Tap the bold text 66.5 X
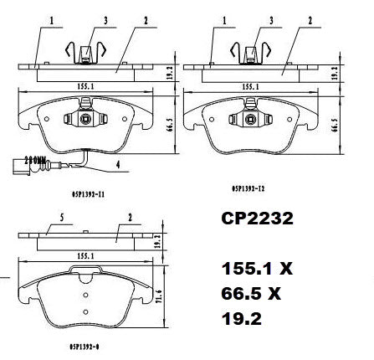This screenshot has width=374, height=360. pyautogui.click(x=252, y=295)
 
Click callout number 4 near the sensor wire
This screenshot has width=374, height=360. pyautogui.click(x=117, y=165)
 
